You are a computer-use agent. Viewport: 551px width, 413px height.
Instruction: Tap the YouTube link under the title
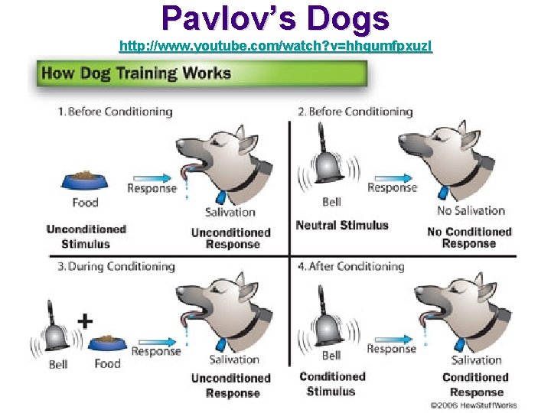(275, 47)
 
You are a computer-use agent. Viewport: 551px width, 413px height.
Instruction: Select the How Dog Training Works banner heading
(135, 73)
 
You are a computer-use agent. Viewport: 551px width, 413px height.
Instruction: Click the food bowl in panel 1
(85, 180)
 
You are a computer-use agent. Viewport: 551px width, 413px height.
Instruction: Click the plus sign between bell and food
(86, 320)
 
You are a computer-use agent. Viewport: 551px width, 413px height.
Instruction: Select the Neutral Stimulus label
(342, 226)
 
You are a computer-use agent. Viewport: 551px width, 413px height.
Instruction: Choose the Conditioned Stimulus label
(331, 384)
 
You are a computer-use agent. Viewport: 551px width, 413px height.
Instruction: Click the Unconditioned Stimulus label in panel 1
(86, 236)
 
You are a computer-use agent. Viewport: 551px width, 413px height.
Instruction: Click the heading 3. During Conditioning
(116, 267)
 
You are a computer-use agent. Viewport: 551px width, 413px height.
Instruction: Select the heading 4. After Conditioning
(350, 267)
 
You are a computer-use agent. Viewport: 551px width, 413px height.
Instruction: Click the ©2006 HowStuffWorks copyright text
(473, 405)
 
